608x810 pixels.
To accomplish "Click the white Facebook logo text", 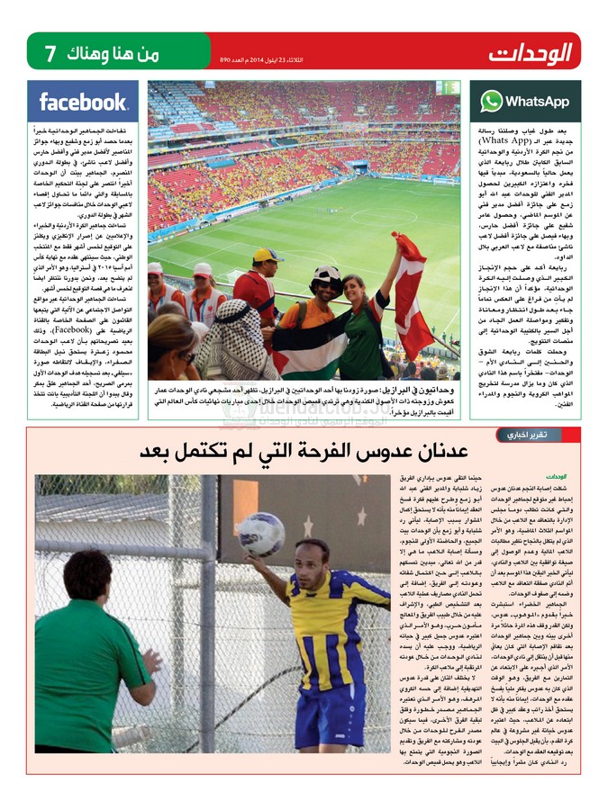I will tap(83, 102).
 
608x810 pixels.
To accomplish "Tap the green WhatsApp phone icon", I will tap(491, 101).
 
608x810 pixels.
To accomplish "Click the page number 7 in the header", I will tap(50, 53).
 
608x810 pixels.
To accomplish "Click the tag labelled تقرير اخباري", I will tap(526, 435).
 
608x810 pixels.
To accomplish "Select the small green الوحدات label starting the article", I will tap(555, 476).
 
